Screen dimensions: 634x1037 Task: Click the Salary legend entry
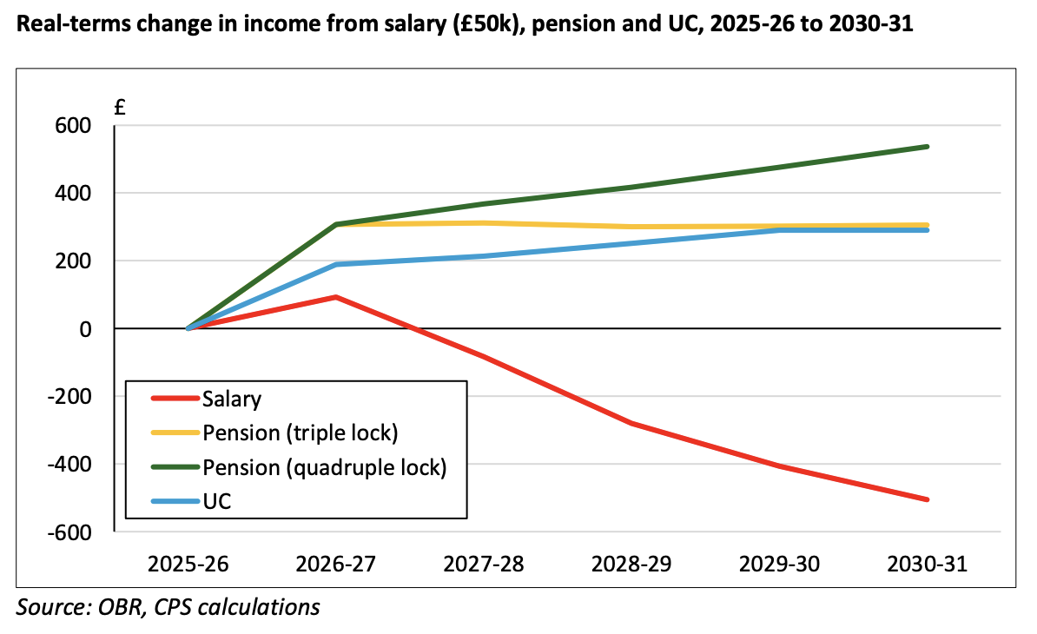232,400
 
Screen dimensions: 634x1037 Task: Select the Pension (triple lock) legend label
300,433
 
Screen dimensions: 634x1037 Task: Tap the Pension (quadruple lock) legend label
324,467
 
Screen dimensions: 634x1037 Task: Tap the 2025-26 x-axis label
188,564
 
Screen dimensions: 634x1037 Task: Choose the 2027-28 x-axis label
484,564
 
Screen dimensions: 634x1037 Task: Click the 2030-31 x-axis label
927,564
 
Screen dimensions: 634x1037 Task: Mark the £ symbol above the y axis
121,109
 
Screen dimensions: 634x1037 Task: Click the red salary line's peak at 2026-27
336,297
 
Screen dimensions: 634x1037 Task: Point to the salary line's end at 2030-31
927,499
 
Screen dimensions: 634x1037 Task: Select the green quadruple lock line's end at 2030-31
927,147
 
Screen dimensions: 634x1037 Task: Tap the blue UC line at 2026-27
336,264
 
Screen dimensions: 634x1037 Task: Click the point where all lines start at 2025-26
188,328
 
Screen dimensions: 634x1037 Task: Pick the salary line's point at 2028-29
631,423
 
